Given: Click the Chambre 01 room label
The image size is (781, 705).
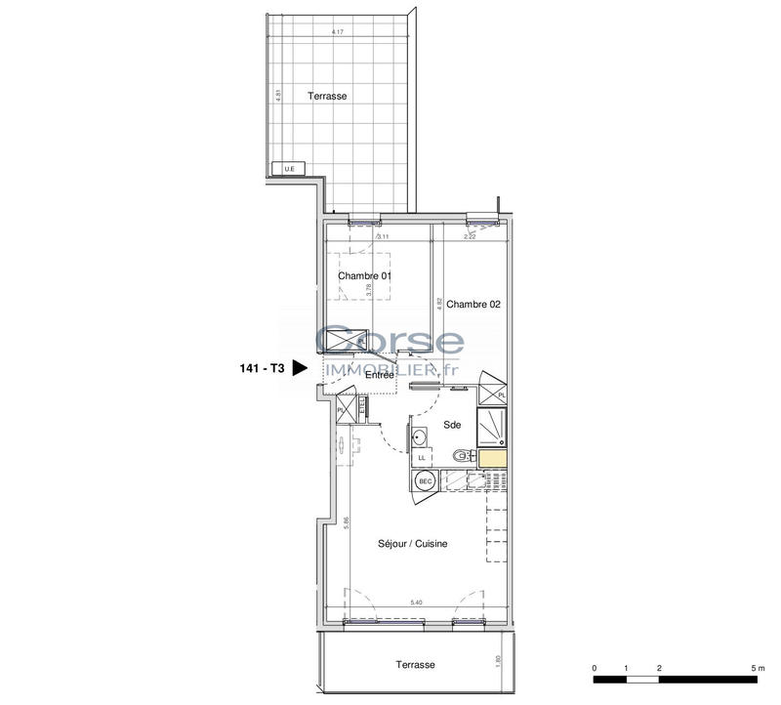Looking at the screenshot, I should pyautogui.click(x=364, y=275).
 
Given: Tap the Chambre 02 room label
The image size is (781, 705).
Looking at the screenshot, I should pyautogui.click(x=474, y=304).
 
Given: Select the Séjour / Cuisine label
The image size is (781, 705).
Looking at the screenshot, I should pyautogui.click(x=413, y=544).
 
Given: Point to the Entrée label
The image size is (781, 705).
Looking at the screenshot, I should pyautogui.click(x=380, y=374).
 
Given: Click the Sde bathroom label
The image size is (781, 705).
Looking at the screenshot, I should pyautogui.click(x=452, y=425).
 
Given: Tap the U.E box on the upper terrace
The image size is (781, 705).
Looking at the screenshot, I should pyautogui.click(x=288, y=170).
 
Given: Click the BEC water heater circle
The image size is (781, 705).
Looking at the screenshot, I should pyautogui.click(x=426, y=480).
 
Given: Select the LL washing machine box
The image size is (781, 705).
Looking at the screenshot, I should pyautogui.click(x=423, y=457).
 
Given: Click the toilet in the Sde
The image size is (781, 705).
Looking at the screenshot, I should pyautogui.click(x=462, y=454).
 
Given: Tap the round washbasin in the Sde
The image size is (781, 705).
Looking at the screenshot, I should pyautogui.click(x=420, y=435).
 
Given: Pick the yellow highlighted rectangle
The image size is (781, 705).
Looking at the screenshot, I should pyautogui.click(x=492, y=458).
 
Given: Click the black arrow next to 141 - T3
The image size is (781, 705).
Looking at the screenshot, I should pyautogui.click(x=301, y=368).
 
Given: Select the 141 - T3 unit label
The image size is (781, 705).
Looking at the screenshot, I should pyautogui.click(x=261, y=369).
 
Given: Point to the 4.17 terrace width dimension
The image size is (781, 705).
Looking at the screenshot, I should pyautogui.click(x=338, y=32).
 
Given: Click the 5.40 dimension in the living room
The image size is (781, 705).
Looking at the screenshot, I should pyautogui.click(x=416, y=603).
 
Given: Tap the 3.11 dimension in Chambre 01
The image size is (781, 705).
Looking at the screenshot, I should pyautogui.click(x=383, y=235).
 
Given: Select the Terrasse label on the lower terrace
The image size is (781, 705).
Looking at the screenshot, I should pyautogui.click(x=415, y=664).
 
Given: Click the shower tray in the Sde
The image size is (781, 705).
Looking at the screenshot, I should pyautogui.click(x=490, y=424).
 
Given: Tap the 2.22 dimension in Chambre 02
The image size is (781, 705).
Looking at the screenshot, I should pyautogui.click(x=470, y=235).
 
